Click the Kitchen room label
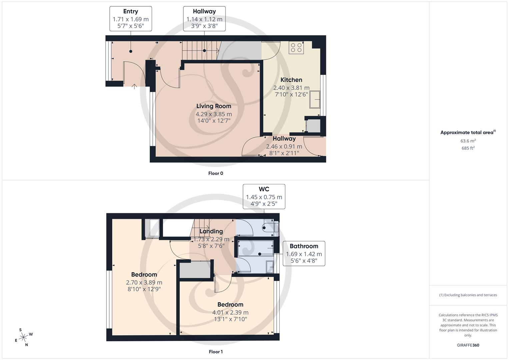(x=291, y=80)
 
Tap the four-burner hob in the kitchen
(x=296, y=48)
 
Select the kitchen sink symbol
(x=315, y=99)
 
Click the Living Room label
(x=213, y=106)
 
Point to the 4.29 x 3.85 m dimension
(x=213, y=114)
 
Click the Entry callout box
(x=131, y=19)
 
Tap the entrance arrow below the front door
(x=134, y=87)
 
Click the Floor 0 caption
(x=215, y=173)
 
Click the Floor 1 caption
(x=215, y=352)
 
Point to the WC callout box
(x=264, y=197)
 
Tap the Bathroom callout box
(x=304, y=253)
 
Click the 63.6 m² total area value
(x=468, y=141)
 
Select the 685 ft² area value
(x=468, y=148)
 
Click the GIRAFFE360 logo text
(x=468, y=345)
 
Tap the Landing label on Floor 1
(x=211, y=231)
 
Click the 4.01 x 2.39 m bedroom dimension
(x=230, y=313)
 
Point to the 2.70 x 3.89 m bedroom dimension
(x=144, y=283)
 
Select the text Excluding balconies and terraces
(x=470, y=295)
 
